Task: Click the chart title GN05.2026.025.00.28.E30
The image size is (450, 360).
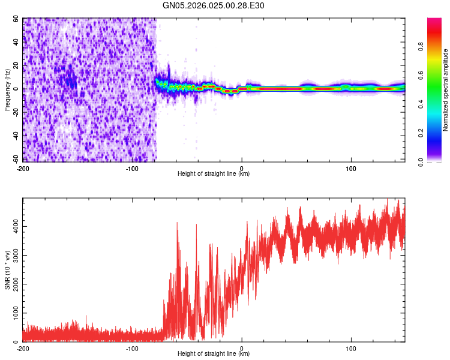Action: (214, 5)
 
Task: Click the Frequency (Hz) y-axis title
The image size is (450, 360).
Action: (8, 90)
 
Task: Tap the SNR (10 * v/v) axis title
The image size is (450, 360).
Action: (8, 270)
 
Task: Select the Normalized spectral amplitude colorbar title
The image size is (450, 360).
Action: (446, 90)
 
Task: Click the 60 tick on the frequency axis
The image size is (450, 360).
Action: (16, 19)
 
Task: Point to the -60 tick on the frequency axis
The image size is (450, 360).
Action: (14, 160)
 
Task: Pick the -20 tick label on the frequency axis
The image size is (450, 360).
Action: (14, 112)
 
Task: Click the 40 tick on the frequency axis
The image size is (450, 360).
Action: (16, 42)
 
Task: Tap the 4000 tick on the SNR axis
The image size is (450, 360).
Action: (13, 226)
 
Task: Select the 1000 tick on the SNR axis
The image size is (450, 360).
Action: (13, 313)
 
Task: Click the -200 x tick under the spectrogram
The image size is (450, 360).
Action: (23, 167)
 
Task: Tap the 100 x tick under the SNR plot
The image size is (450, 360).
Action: (351, 348)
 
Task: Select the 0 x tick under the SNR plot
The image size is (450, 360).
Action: (242, 348)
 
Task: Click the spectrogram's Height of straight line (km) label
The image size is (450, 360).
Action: (214, 174)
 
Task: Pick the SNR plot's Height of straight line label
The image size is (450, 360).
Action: (214, 354)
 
